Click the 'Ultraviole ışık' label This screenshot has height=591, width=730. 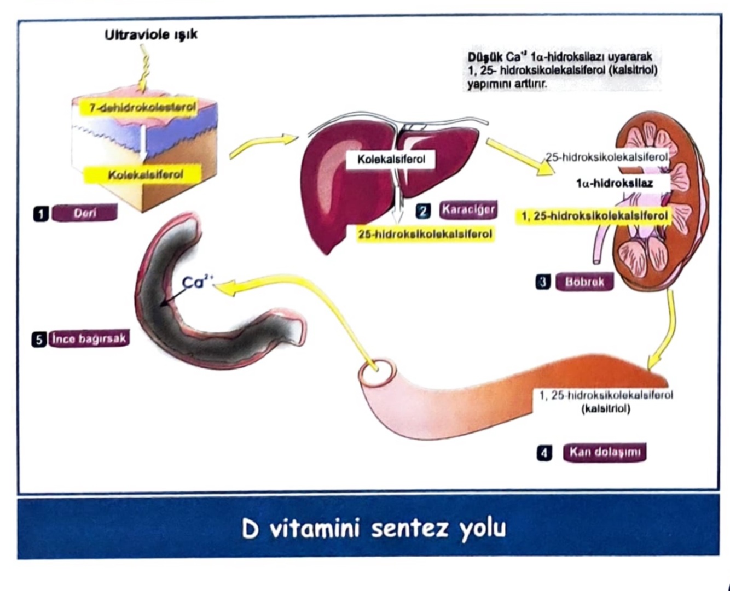[151, 35]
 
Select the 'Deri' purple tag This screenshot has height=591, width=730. [84, 213]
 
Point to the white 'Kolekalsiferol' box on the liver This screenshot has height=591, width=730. [391, 160]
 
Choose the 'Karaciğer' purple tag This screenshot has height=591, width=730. [468, 209]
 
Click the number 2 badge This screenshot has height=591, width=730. [423, 210]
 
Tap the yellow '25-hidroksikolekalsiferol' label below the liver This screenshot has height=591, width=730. [425, 235]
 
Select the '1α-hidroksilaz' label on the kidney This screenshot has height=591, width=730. [614, 184]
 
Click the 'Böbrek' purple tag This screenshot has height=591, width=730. [584, 282]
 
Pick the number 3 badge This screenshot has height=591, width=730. [543, 282]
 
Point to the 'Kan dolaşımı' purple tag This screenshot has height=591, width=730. [605, 452]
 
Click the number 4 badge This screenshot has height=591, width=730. [544, 453]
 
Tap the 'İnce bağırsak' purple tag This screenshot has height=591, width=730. [89, 338]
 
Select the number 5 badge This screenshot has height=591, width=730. [39, 340]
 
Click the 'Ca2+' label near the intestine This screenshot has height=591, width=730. [197, 282]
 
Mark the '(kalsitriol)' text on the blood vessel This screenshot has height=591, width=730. [606, 408]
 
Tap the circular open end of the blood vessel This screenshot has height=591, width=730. [377, 373]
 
